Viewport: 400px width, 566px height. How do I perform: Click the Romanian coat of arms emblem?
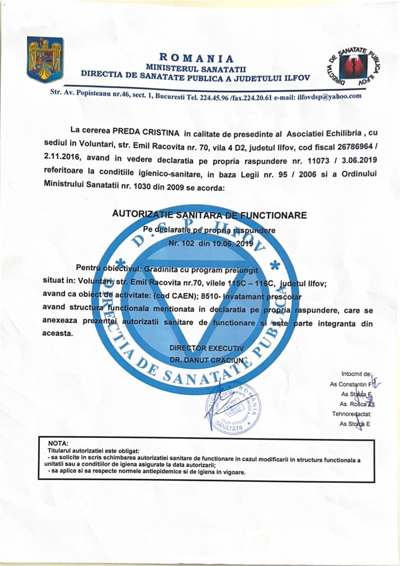point(45,59)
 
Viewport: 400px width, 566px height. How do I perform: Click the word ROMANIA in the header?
point(196,57)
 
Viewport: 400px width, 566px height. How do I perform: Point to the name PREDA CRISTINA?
point(146,133)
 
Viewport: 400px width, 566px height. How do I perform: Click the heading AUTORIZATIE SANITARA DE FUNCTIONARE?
point(209,214)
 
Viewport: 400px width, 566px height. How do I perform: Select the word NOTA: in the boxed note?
point(59,444)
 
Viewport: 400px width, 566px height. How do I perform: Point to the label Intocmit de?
point(357,374)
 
